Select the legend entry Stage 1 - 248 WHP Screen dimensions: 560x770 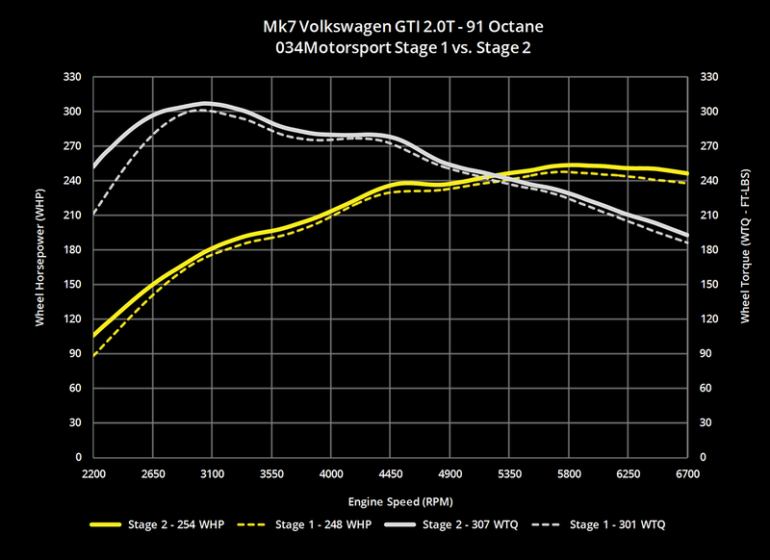[312, 524]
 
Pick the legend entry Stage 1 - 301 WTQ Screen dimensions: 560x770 [616, 524]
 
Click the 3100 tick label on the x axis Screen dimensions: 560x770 [213, 474]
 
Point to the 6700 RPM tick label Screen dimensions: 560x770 [687, 474]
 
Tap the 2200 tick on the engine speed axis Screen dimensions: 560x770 [93, 474]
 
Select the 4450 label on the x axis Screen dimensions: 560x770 [449, 474]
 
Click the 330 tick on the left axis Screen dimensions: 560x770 [73, 77]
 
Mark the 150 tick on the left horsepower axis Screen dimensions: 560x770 [73, 285]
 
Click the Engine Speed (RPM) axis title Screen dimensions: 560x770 [390, 501]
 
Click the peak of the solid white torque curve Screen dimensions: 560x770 [204, 103]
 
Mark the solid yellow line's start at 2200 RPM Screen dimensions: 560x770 [93, 336]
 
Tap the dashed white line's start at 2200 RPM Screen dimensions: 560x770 [93, 215]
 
